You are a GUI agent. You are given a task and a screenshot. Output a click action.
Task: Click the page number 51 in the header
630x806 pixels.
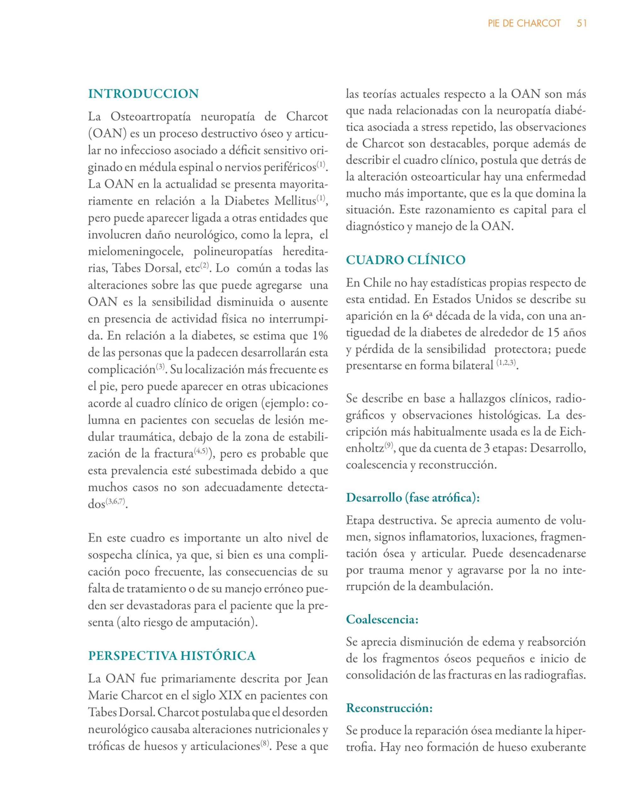(x=581, y=23)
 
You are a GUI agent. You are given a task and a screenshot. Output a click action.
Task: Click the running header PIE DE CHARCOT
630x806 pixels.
(x=524, y=23)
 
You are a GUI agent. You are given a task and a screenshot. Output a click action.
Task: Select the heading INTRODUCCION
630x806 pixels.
(x=143, y=94)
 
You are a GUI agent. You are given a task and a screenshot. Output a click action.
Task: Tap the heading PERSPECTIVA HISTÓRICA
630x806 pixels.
(x=172, y=656)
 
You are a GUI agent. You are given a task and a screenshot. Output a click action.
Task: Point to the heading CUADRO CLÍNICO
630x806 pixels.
(x=406, y=260)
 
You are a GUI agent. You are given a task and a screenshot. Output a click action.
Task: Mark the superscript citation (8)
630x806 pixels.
(x=264, y=744)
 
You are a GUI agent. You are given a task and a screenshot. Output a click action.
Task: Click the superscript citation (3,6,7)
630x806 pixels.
(x=115, y=501)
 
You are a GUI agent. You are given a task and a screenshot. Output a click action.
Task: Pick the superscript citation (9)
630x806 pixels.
(x=389, y=446)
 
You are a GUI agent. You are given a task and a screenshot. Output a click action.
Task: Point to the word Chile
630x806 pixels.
(x=377, y=283)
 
